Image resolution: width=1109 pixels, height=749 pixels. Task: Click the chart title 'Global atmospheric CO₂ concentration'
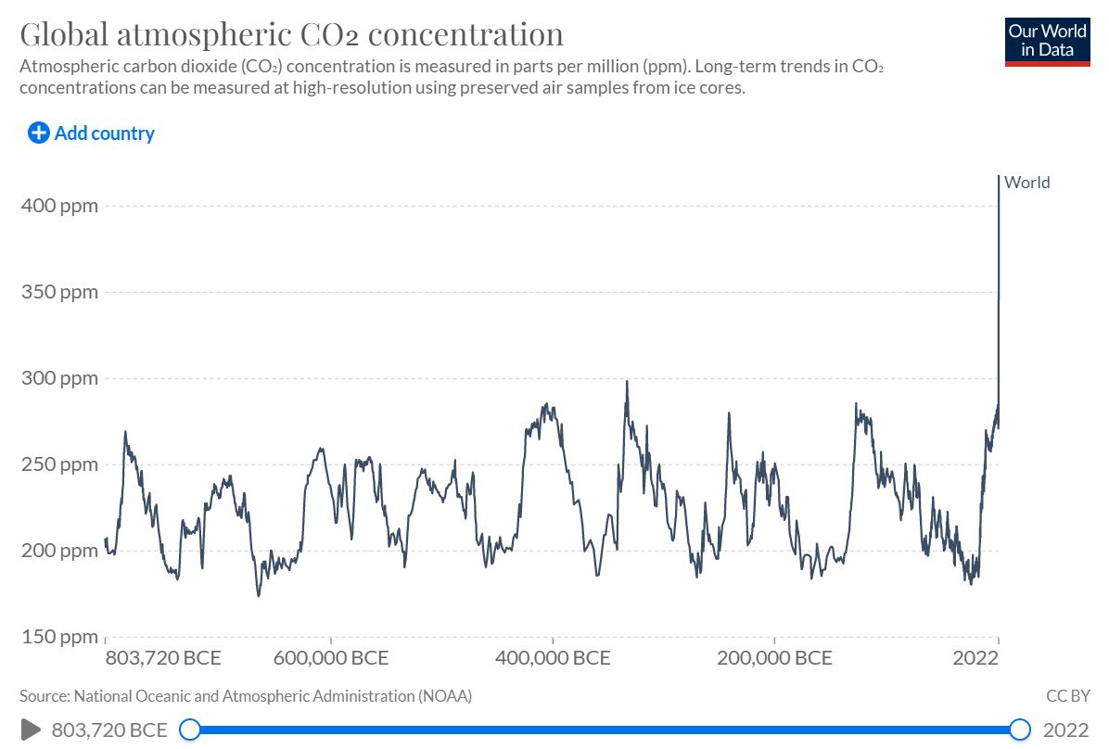291,35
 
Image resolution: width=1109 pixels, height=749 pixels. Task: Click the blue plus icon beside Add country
39,133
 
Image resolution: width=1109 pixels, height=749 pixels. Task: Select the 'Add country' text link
104,133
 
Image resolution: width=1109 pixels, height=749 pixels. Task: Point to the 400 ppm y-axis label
59,205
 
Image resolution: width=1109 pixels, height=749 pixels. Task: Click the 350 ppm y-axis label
59,292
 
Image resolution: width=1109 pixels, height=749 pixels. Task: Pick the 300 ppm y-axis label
59,378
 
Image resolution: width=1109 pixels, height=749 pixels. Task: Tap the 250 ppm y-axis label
59,464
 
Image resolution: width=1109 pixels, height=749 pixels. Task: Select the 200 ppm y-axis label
59,551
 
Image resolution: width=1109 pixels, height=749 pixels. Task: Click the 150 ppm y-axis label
59,637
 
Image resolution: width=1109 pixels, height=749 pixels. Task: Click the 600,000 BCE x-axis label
331,659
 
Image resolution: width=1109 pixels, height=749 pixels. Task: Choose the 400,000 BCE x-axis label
553,659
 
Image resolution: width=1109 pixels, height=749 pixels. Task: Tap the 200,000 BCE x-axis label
774,659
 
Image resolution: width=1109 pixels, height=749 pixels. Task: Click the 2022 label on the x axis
975,659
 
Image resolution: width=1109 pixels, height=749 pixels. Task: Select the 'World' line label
1027,183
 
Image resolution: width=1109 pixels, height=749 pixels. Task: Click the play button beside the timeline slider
30,730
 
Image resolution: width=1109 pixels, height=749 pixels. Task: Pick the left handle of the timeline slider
189,730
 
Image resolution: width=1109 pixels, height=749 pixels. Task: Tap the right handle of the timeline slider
1020,730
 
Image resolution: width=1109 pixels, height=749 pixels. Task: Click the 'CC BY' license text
1067,695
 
